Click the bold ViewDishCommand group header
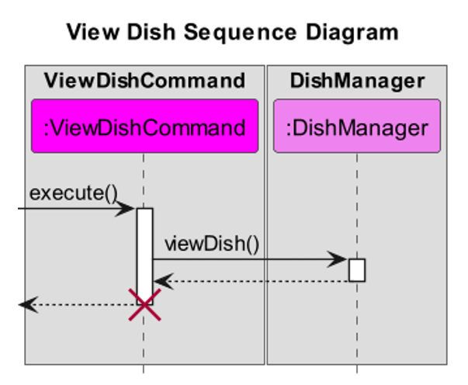point(144,81)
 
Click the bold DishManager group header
point(357,81)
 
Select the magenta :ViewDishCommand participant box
point(144,126)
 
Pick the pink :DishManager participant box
point(357,126)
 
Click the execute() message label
point(74,192)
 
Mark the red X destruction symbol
point(144,304)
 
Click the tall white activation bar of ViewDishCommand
point(144,248)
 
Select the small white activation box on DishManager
point(357,269)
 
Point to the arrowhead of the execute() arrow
point(128,209)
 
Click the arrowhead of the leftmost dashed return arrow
point(26,305)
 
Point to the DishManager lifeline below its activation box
point(357,326)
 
